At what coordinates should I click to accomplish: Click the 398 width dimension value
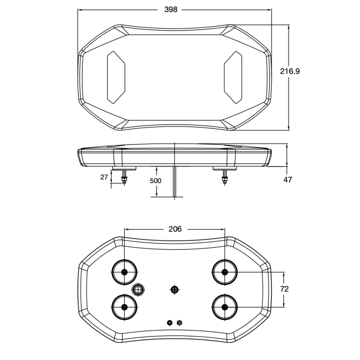[171, 9]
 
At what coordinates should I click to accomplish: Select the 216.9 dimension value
[290, 71]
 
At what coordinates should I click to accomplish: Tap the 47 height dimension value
[288, 180]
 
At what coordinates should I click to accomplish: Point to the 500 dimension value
[155, 181]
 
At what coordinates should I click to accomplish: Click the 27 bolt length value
[104, 177]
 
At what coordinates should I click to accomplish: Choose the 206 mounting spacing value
[175, 229]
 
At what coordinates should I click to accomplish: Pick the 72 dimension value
[284, 289]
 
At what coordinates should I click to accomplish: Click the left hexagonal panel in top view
[116, 77]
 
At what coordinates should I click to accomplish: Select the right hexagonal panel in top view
[233, 77]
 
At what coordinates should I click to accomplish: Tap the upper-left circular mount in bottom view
[125, 272]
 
